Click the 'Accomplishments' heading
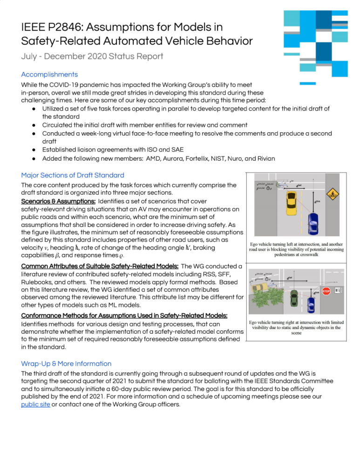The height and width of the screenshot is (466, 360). (49, 74)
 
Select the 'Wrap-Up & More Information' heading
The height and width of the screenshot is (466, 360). (66, 363)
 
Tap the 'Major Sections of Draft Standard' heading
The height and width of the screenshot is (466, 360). (73, 175)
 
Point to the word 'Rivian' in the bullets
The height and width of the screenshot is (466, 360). (263, 159)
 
